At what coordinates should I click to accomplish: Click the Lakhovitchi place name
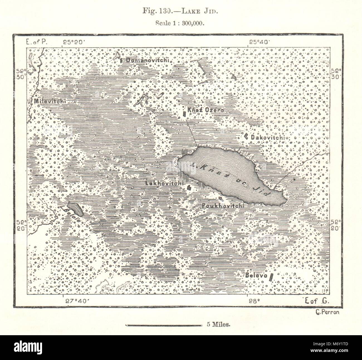click(164, 183)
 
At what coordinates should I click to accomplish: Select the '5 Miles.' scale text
click(218, 325)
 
